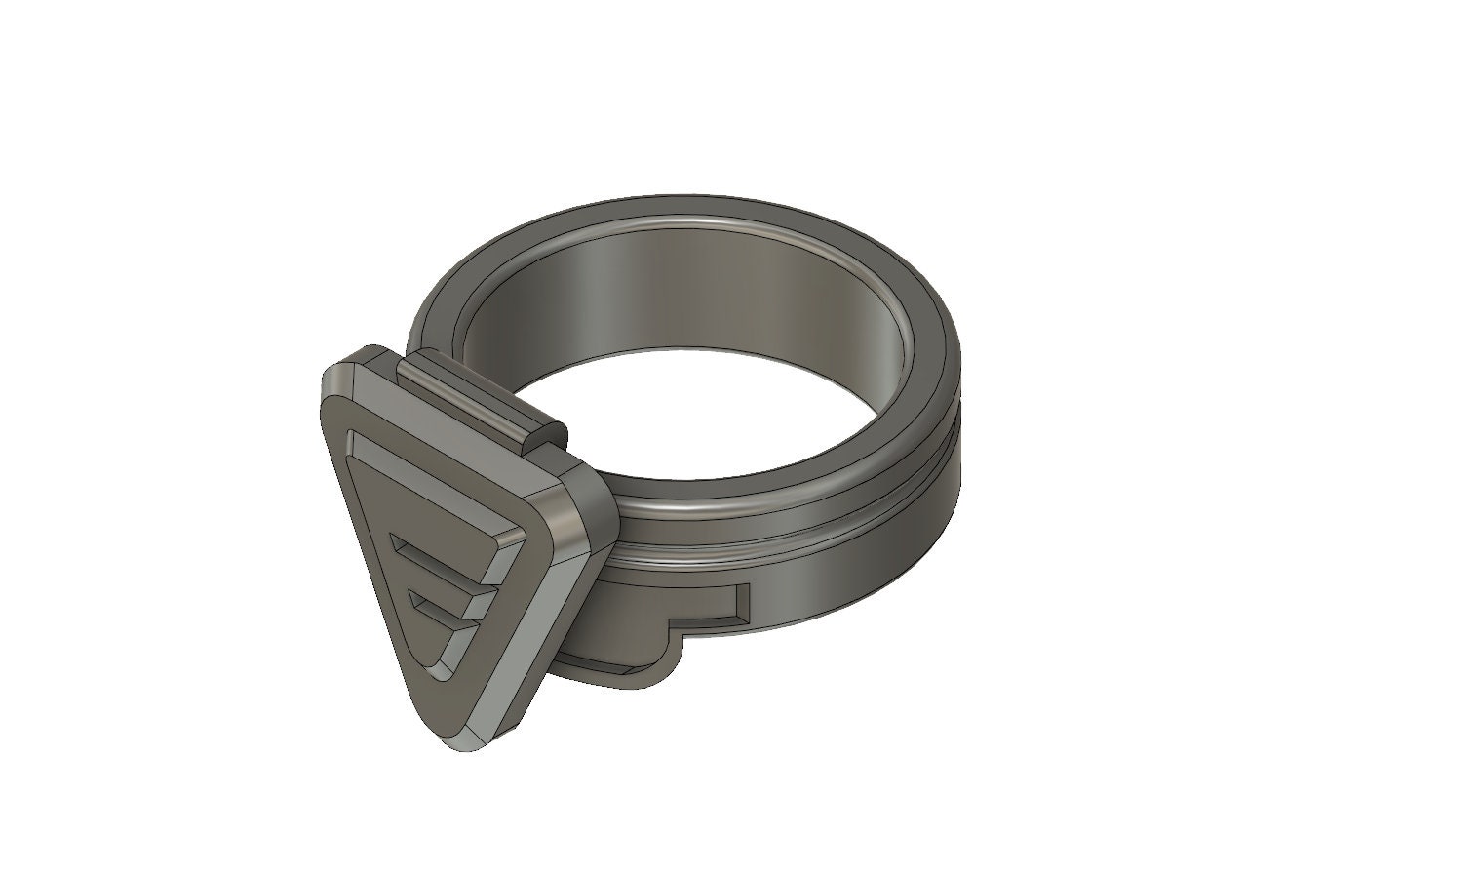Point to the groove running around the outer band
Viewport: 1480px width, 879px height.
tap(780, 546)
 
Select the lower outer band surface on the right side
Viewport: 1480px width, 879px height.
tap(877, 546)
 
